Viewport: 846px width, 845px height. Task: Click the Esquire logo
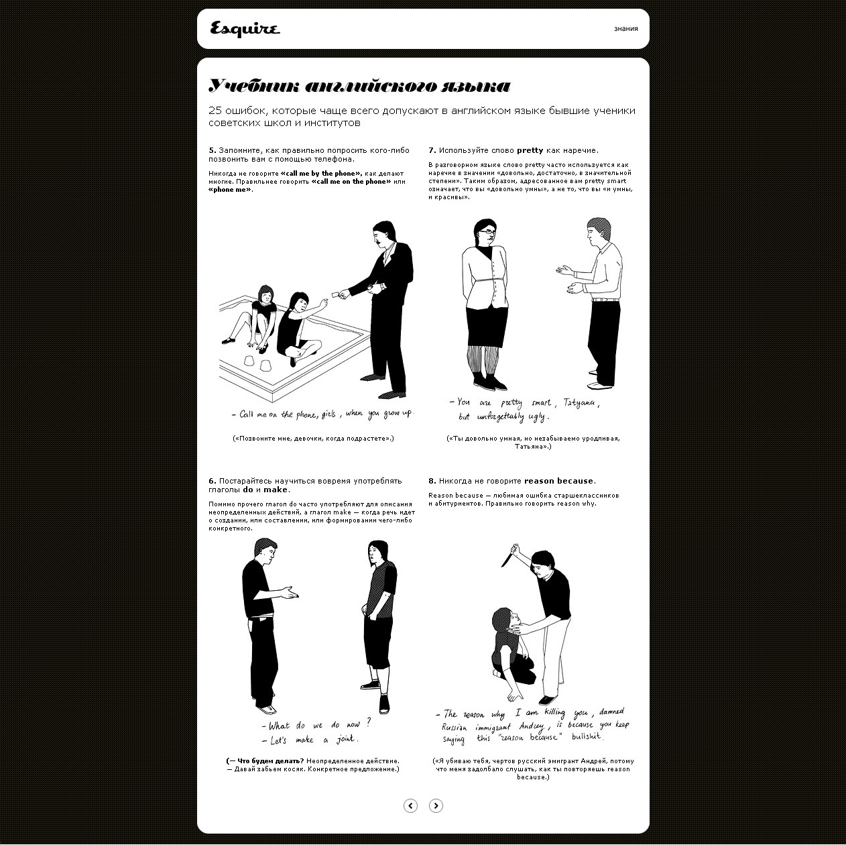[x=245, y=29]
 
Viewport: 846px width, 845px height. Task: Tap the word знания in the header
[x=625, y=29]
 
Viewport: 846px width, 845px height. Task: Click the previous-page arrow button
[x=410, y=805]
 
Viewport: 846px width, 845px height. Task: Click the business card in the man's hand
[x=336, y=294]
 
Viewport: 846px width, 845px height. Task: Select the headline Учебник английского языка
[x=359, y=86]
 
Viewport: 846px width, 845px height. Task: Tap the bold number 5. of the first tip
[x=213, y=151]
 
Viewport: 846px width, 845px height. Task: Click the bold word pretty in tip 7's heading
[x=530, y=151]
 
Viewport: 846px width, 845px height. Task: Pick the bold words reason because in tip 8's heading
[x=558, y=481]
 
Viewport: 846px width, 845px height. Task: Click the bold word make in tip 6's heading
[x=276, y=490]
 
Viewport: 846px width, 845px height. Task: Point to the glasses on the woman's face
[x=487, y=231]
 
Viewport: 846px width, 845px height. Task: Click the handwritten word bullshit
[x=587, y=737]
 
